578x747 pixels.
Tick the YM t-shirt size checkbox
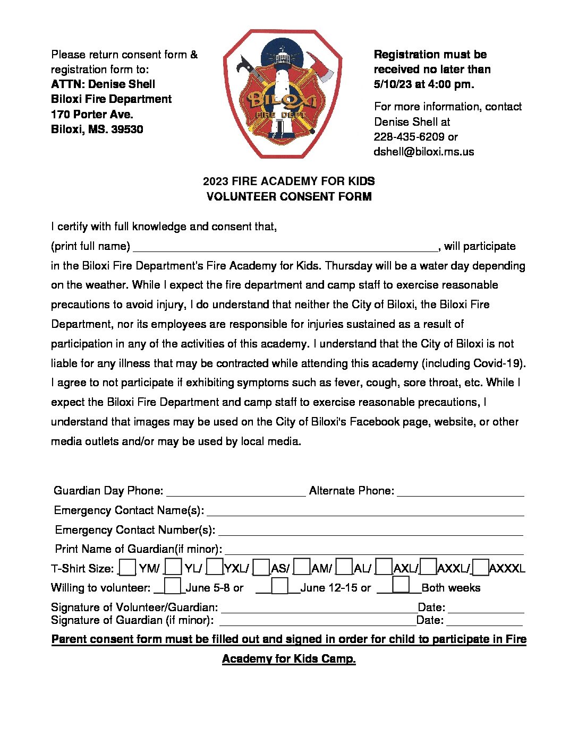pyautogui.click(x=127, y=568)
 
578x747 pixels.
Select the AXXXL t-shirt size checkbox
pyautogui.click(x=480, y=568)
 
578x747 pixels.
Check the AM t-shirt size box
pyautogui.click(x=301, y=568)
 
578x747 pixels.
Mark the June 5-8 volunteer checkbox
pyautogui.click(x=173, y=586)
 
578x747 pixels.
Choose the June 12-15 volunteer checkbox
pyautogui.click(x=279, y=586)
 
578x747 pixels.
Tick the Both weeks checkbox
pyautogui.click(x=401, y=585)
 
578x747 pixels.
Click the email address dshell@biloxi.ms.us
pyautogui.click(x=423, y=152)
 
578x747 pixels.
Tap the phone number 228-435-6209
pyautogui.click(x=409, y=137)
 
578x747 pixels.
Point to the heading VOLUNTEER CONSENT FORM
pyautogui.click(x=288, y=197)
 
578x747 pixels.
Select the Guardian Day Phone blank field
pyautogui.click(x=236, y=491)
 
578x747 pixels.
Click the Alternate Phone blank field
pyautogui.click(x=460, y=491)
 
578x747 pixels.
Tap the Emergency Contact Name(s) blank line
pyautogui.click(x=365, y=510)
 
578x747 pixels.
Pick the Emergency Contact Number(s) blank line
pyautogui.click(x=370, y=530)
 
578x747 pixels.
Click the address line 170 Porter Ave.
pyautogui.click(x=92, y=115)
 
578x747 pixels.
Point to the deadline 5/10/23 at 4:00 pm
pyautogui.click(x=423, y=84)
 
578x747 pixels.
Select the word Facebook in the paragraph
pyautogui.click(x=374, y=422)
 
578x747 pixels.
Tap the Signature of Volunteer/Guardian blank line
pyautogui.click(x=319, y=607)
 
